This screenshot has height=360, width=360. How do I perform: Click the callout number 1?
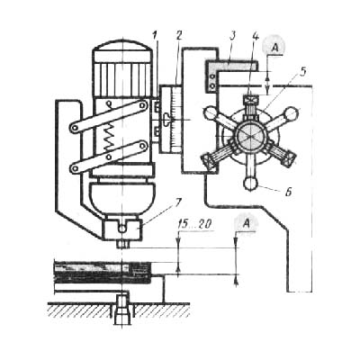(155, 36)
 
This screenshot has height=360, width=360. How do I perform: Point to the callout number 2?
(179, 36)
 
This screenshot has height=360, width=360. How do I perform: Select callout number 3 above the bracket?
(231, 36)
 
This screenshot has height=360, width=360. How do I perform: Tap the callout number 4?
(256, 36)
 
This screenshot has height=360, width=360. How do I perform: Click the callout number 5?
(303, 72)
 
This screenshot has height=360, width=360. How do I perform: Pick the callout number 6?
(289, 192)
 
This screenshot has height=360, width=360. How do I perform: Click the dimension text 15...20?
(195, 224)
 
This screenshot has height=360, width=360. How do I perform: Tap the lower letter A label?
(246, 223)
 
